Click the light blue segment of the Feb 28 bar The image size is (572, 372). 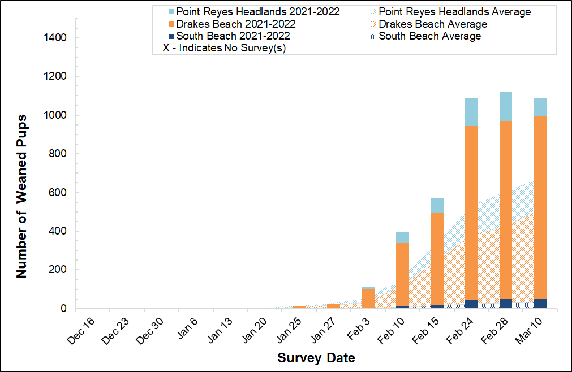[505, 106]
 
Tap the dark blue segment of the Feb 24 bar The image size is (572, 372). [471, 304]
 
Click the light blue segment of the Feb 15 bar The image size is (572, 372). [437, 205]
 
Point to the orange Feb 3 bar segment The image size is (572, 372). [368, 299]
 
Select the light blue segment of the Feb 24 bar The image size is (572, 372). [471, 111]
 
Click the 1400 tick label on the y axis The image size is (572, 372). [55, 38]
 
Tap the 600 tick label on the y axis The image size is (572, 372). [58, 193]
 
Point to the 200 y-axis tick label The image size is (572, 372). [58, 270]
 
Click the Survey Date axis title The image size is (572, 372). [316, 358]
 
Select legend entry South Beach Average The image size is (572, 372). [429, 36]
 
